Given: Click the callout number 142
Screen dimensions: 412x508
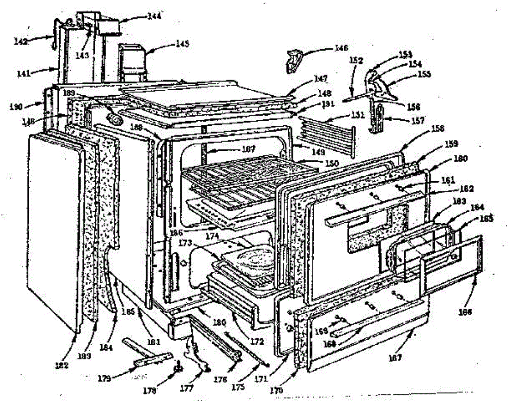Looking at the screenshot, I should tap(20, 41).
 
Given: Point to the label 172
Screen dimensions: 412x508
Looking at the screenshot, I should tap(257, 341).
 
